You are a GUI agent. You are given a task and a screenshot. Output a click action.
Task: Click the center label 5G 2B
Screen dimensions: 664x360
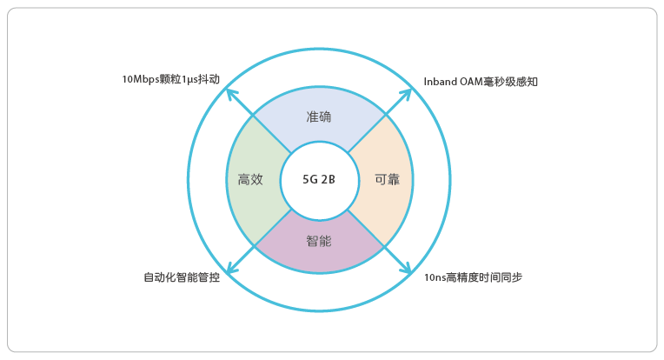[x=318, y=180]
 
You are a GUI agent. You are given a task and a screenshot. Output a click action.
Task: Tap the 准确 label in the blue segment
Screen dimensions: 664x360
[x=318, y=117]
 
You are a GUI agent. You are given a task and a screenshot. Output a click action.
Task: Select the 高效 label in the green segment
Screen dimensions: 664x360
[x=250, y=180]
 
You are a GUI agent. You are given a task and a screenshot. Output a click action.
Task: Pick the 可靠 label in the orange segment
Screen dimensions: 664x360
[x=387, y=180]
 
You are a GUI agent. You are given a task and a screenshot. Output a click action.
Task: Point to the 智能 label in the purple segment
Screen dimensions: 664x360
[x=318, y=242]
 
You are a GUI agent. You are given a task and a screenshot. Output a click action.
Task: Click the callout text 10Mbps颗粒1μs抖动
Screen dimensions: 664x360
[x=171, y=79]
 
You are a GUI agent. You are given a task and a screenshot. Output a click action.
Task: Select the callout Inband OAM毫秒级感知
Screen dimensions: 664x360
[x=481, y=82]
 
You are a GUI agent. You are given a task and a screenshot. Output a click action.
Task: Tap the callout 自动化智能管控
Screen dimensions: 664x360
[x=182, y=277]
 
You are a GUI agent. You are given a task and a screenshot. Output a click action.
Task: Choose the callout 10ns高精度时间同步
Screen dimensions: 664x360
[x=473, y=277]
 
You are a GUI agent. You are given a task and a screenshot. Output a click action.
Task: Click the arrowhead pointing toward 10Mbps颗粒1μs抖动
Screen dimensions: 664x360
[x=231, y=93]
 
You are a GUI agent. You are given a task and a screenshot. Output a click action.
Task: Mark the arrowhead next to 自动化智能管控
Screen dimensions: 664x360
[x=231, y=268]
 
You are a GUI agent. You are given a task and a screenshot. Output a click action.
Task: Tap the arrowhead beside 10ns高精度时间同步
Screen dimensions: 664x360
[x=407, y=268]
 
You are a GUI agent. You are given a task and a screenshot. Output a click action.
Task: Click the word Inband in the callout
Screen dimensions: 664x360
[x=440, y=82]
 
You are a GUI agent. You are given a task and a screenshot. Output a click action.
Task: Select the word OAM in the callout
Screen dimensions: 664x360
[x=471, y=82]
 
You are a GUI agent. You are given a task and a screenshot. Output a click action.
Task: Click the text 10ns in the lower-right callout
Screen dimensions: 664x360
[x=435, y=278]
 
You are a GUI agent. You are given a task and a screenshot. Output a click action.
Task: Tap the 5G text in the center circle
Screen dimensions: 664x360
[x=310, y=180]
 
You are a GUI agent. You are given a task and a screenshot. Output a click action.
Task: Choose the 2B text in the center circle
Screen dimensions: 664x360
[x=328, y=180]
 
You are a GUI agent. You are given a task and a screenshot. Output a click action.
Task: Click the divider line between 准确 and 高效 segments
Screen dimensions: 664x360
[x=272, y=134]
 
